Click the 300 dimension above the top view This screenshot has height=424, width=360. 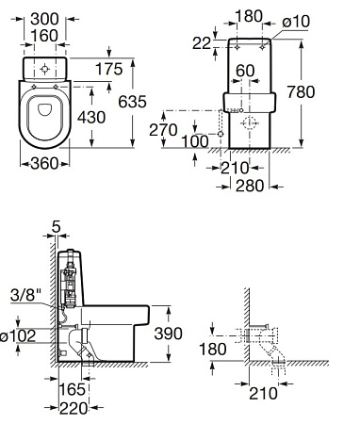click(x=44, y=19)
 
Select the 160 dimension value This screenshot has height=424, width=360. click(x=44, y=36)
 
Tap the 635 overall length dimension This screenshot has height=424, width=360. click(x=132, y=102)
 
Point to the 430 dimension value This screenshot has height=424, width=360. click(x=91, y=118)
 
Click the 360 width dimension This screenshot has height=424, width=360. click(x=44, y=163)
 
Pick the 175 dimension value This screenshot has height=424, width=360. click(x=108, y=69)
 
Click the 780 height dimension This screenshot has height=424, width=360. click(x=301, y=92)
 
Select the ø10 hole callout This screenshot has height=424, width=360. click(x=296, y=22)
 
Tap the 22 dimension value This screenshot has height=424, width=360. click(x=202, y=43)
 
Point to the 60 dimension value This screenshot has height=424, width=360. click(x=245, y=71)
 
